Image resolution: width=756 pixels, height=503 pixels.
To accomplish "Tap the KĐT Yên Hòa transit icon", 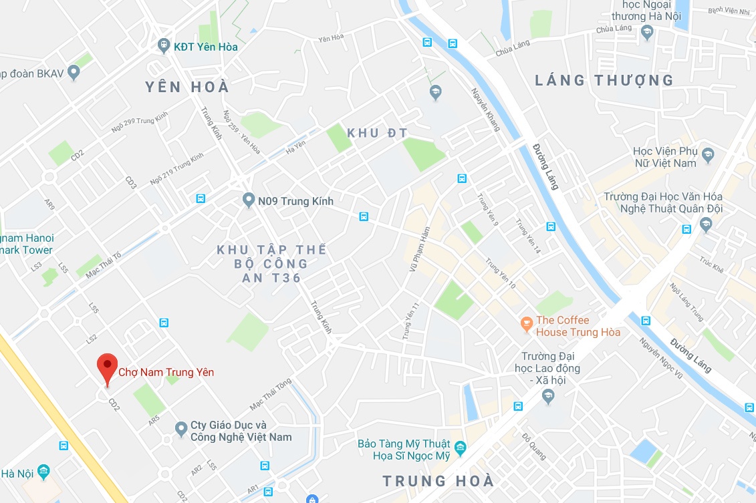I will [x=164, y=45].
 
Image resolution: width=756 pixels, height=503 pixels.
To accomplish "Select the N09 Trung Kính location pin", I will [x=249, y=200].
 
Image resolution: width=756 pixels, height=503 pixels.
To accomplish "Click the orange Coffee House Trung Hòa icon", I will [x=527, y=325].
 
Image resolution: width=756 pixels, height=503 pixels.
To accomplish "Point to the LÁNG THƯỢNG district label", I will [x=604, y=81].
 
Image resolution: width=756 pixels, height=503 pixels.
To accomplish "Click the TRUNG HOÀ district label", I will [x=438, y=481].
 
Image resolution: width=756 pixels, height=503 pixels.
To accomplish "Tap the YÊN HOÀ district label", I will [x=187, y=87].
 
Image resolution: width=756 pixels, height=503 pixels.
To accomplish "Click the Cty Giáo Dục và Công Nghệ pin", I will [x=180, y=428].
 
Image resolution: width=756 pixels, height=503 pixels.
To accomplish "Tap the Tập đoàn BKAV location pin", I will [x=74, y=73].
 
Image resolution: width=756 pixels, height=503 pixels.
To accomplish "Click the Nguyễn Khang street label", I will [x=485, y=109].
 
